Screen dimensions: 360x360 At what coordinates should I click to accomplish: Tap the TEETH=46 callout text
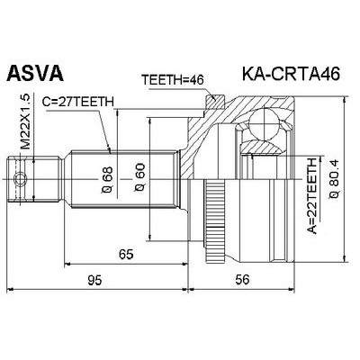[x=174, y=78]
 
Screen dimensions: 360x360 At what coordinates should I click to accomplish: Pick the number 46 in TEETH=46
[x=197, y=78]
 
